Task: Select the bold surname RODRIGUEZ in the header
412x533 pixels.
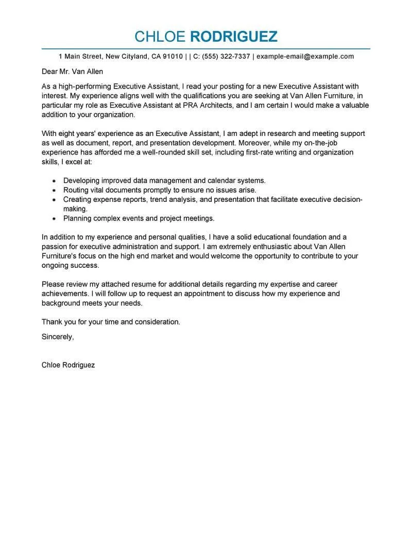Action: (x=234, y=36)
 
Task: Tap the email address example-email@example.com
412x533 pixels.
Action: (x=305, y=57)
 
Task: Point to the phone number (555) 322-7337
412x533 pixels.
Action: (x=226, y=57)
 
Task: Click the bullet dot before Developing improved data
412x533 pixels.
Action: (x=54, y=181)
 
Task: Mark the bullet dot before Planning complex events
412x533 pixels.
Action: (x=54, y=219)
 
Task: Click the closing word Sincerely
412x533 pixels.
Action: (x=58, y=337)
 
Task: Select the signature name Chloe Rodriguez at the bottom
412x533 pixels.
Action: (x=68, y=365)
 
